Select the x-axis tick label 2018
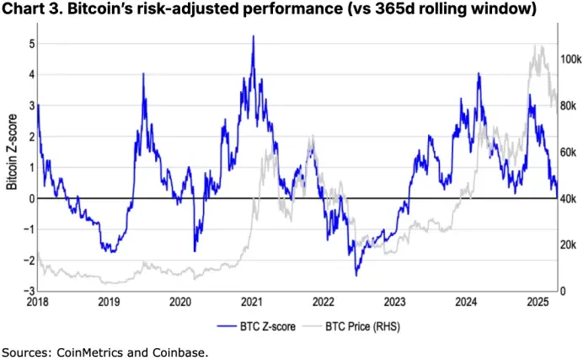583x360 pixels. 38,301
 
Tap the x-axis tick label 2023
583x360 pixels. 396,301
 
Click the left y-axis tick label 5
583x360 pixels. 30,43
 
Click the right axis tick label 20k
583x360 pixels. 568,244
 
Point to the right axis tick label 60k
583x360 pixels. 568,153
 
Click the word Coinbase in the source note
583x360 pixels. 179,351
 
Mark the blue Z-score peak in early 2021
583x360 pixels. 253,37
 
